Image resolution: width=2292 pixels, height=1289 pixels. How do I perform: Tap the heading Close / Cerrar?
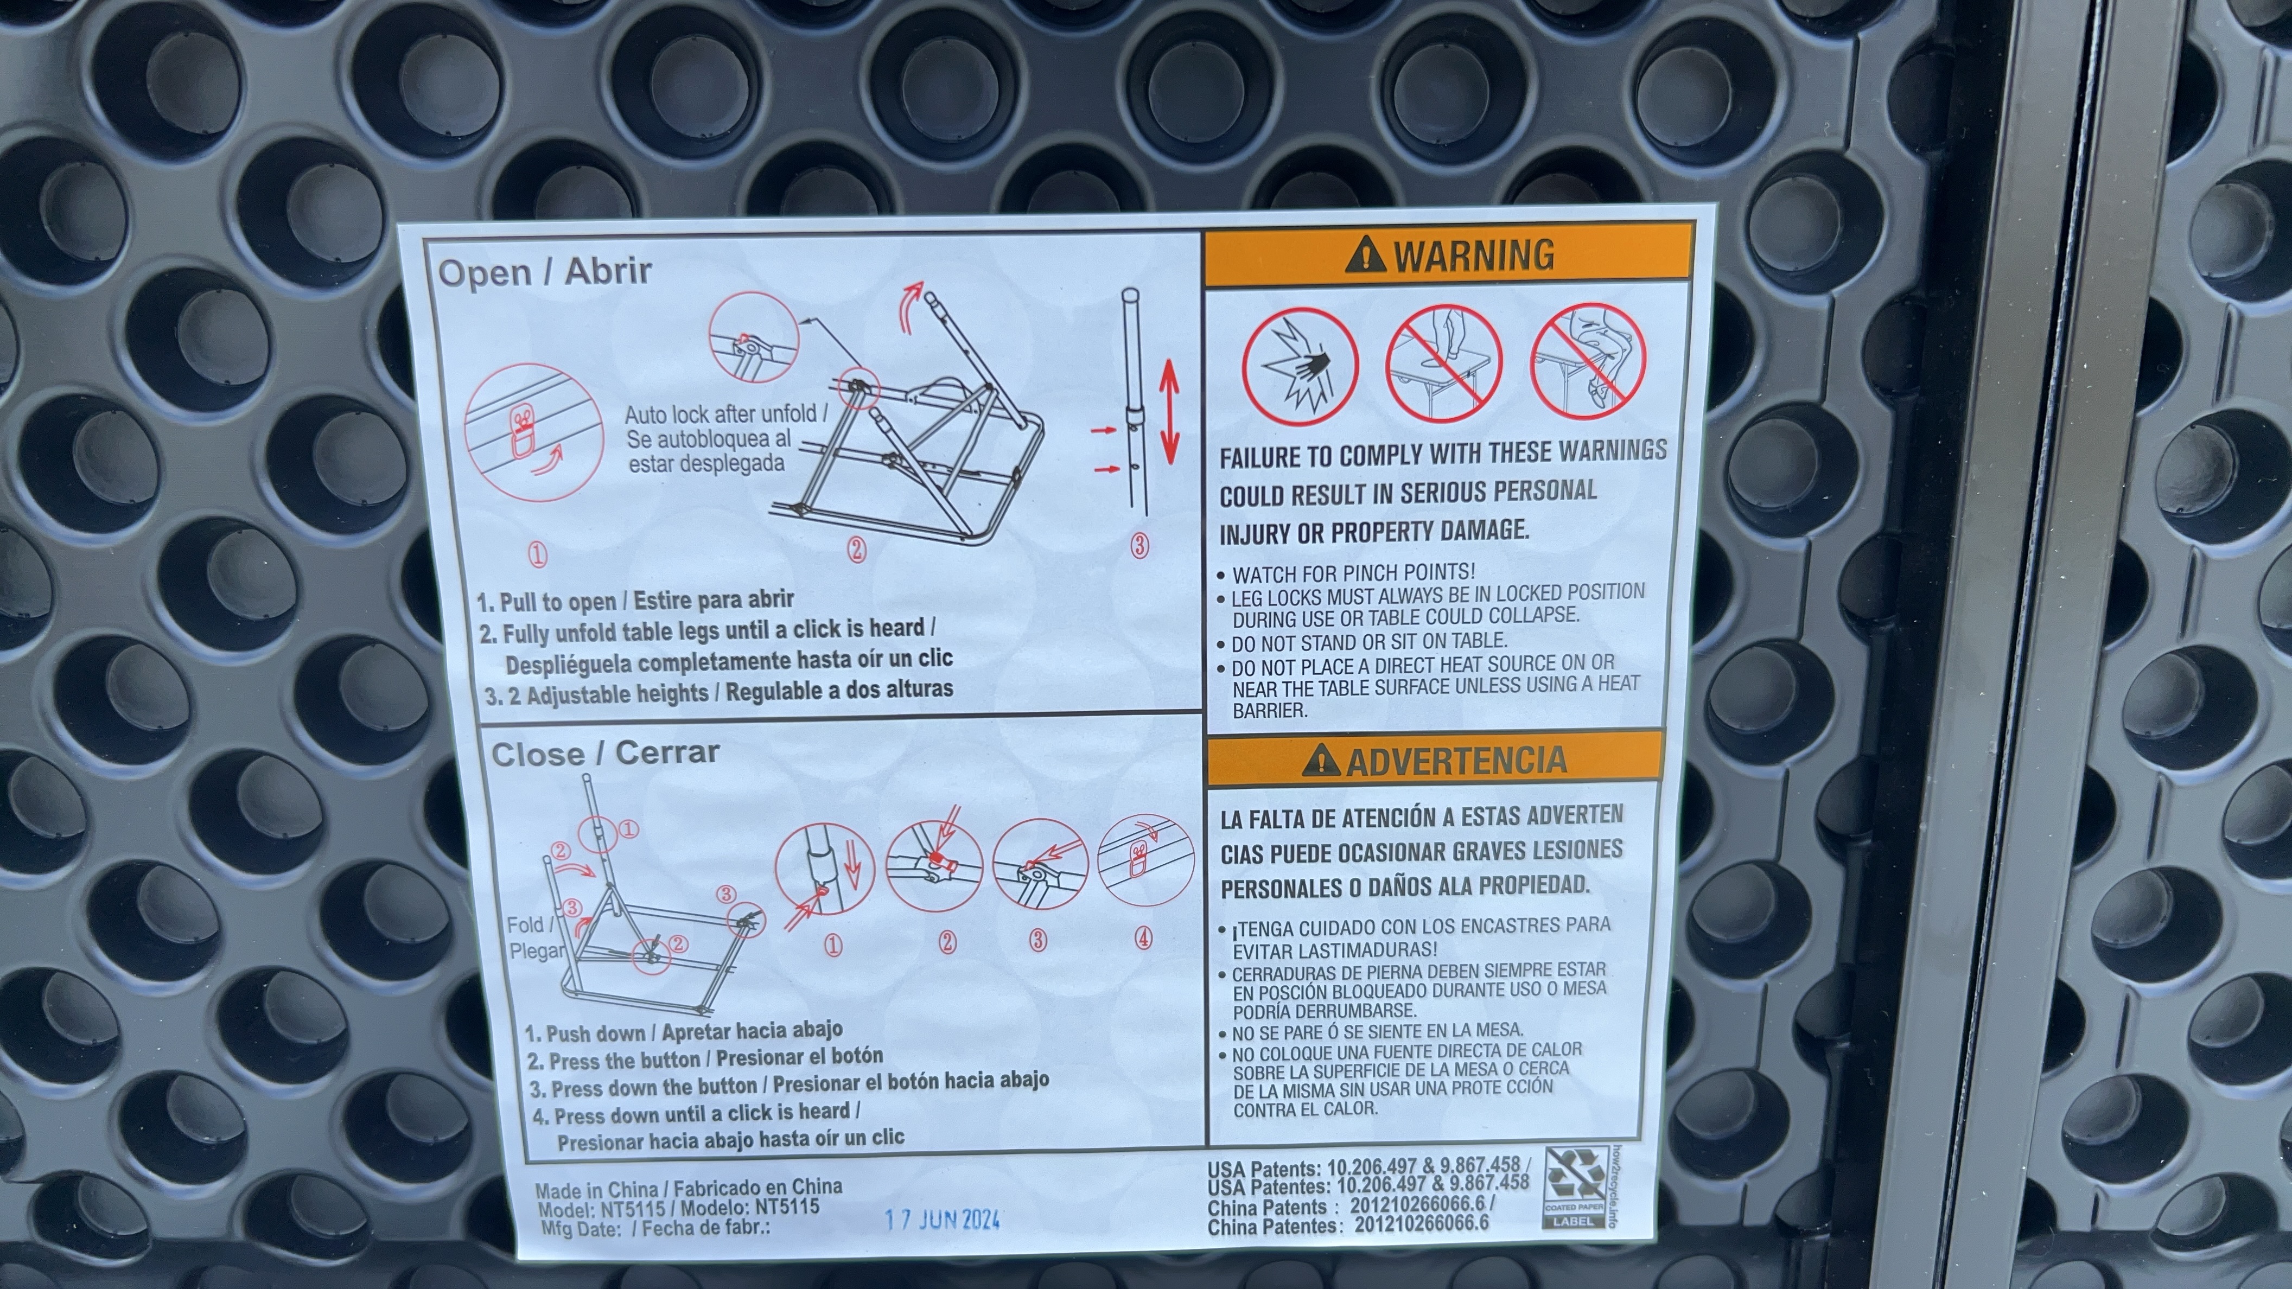(605, 754)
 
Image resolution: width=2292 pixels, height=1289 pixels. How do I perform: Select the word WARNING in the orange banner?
(1473, 256)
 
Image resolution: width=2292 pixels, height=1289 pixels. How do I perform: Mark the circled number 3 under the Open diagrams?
(1139, 546)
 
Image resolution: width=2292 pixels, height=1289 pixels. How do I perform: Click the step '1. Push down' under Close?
(584, 1033)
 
